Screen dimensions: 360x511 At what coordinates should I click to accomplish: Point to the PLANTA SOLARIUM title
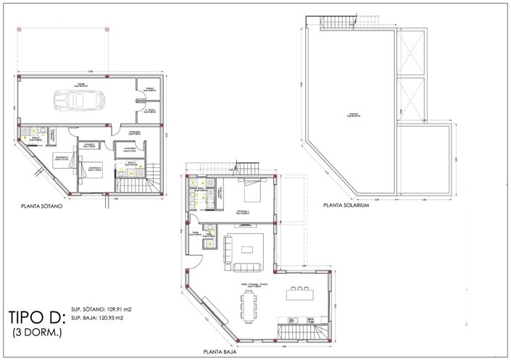[x=346, y=206]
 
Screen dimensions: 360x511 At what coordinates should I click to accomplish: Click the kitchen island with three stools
[x=299, y=295]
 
